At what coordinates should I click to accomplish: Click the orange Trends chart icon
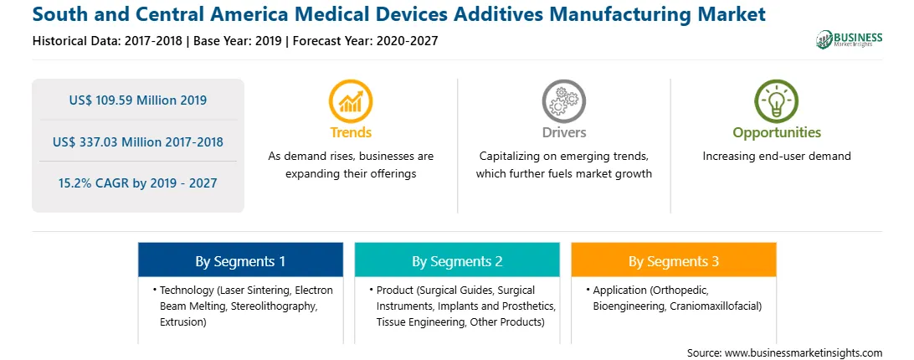pos(351,101)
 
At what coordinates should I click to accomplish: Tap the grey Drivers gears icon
pos(563,101)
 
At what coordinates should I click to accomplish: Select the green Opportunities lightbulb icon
pos(777,101)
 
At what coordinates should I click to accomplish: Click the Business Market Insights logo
pos(850,39)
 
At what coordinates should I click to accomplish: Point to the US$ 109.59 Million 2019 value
pos(137,100)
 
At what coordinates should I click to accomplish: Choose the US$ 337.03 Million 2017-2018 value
pos(137,141)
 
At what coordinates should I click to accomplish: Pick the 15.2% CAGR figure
pos(137,183)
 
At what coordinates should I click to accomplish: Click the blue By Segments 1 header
pos(241,260)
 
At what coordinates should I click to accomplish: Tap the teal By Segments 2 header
pos(457,260)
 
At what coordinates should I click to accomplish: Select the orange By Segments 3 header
pos(674,260)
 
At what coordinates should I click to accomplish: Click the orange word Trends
pos(351,132)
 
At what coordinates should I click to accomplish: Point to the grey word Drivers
pos(564,132)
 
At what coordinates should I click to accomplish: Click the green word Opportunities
pos(777,133)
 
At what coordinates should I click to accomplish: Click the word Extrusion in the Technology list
pos(183,321)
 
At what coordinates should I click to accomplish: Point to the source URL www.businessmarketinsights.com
pos(804,352)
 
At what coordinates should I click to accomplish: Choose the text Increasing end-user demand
pos(777,157)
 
